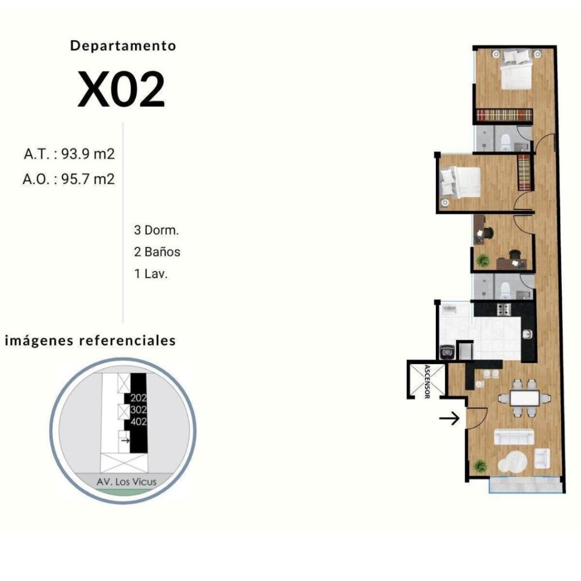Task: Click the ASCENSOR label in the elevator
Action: [427, 382]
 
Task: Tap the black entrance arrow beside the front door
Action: [449, 418]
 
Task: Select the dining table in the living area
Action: [524, 398]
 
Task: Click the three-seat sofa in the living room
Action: [514, 437]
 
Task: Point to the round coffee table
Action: [512, 461]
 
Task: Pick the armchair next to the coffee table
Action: [542, 458]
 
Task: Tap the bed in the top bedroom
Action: [516, 69]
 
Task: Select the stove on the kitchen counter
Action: [503, 309]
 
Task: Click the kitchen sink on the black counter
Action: [528, 334]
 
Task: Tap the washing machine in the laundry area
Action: [447, 352]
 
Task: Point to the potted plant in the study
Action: [482, 260]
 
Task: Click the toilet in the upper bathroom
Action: [506, 142]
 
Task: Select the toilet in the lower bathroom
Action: [506, 290]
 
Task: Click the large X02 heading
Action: [121, 89]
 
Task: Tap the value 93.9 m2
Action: [88, 154]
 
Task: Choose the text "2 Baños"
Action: [157, 252]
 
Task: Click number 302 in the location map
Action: [138, 410]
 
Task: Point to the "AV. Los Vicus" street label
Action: [127, 482]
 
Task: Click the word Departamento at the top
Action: [123, 45]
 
